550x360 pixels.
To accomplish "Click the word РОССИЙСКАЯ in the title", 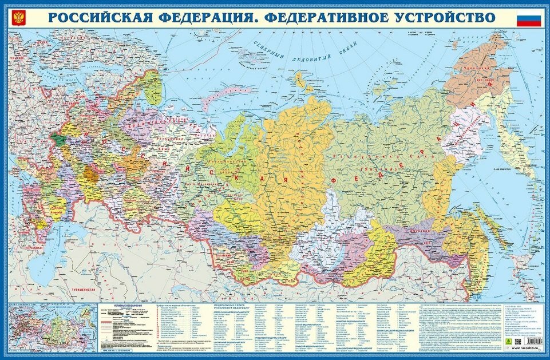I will click(x=100, y=17).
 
